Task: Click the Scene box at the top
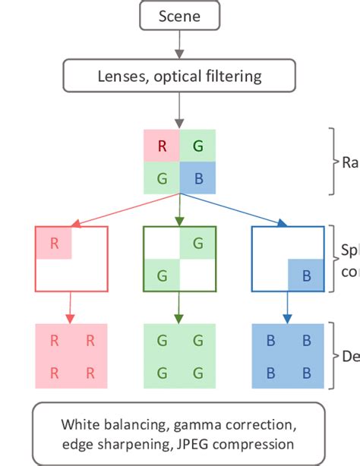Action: pyautogui.click(x=180, y=16)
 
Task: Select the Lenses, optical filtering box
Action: pyautogui.click(x=180, y=76)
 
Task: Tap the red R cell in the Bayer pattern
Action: pyautogui.click(x=162, y=146)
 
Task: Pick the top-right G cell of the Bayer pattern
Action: pyautogui.click(x=197, y=146)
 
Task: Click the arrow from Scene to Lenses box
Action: pyautogui.click(x=180, y=45)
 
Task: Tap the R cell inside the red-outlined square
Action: pyautogui.click(x=54, y=244)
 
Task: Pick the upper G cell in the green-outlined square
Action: pyautogui.click(x=197, y=244)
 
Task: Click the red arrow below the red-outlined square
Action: pyautogui.click(x=71, y=307)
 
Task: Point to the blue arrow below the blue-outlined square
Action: pyautogui.click(x=288, y=307)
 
